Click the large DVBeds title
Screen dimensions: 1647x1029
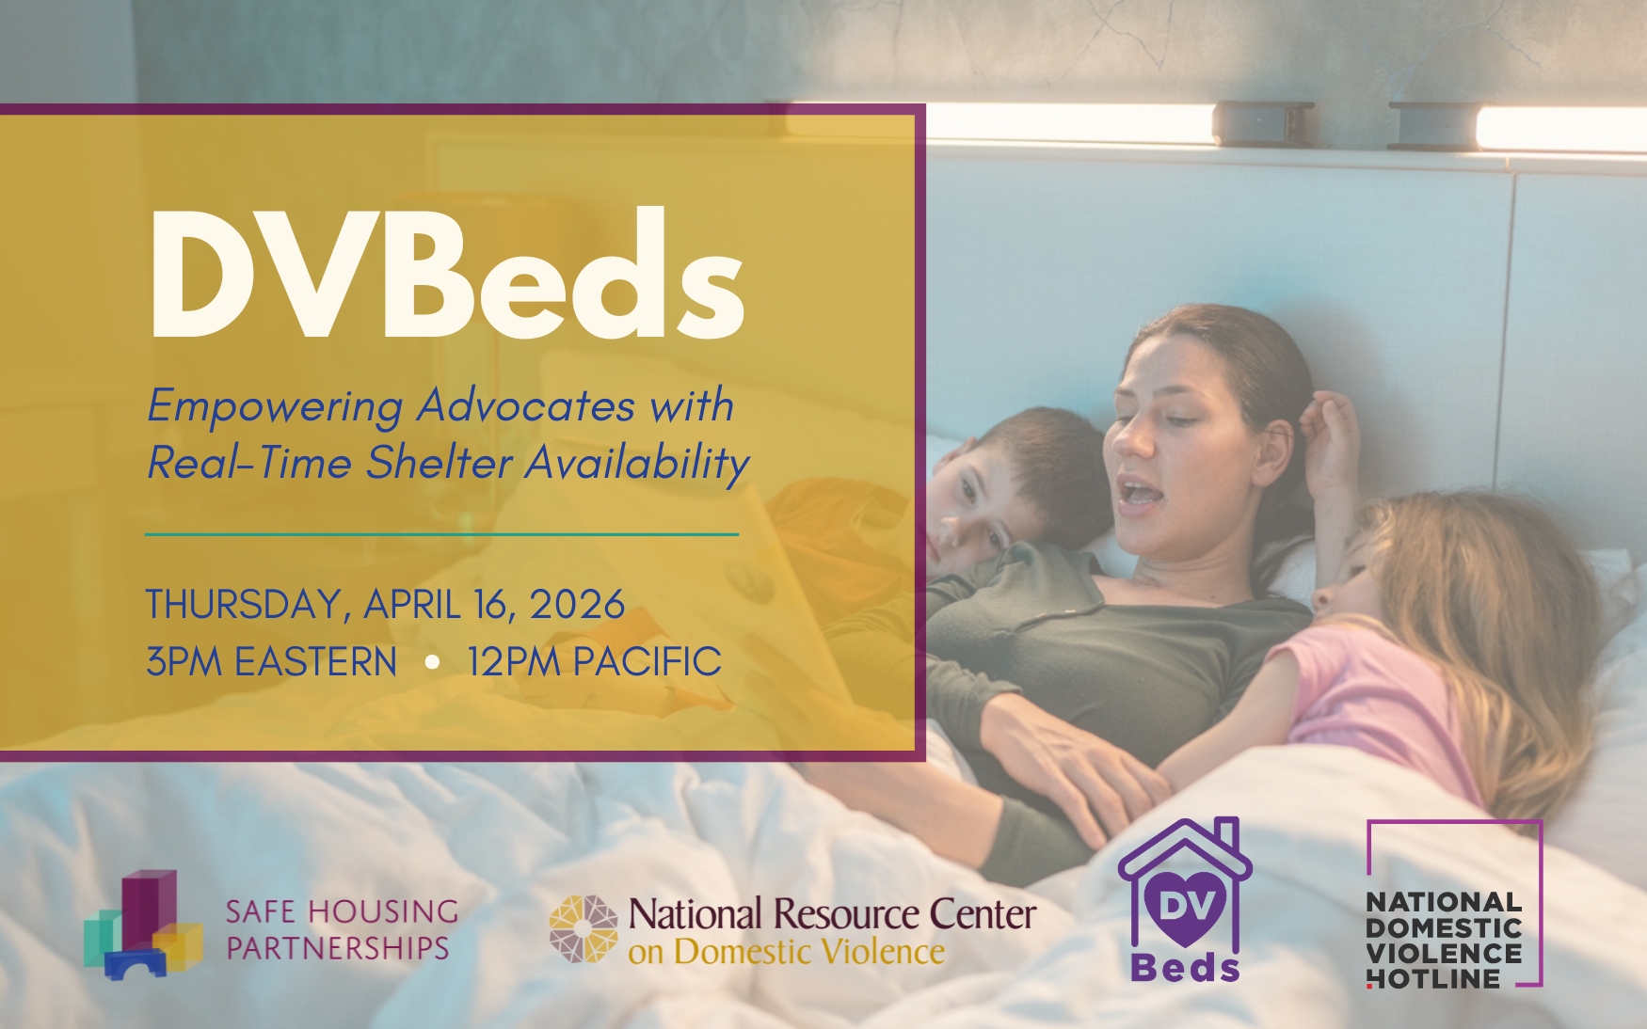(x=448, y=274)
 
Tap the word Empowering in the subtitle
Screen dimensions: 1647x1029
(x=275, y=407)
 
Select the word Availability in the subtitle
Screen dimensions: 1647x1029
(x=637, y=463)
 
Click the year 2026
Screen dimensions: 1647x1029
(x=577, y=605)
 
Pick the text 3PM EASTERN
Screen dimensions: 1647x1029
(x=271, y=662)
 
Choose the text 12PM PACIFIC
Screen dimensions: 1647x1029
(x=594, y=662)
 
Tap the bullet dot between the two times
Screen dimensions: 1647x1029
(x=432, y=662)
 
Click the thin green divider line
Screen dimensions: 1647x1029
(x=441, y=534)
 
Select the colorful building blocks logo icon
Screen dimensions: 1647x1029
(x=143, y=925)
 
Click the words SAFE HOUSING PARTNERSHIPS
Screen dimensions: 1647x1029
(x=342, y=929)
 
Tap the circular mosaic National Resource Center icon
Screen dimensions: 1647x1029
(x=584, y=929)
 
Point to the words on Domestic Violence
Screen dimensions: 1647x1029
(x=787, y=952)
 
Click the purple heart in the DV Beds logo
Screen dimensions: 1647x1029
(x=1187, y=907)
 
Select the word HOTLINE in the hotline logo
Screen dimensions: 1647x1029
(x=1433, y=979)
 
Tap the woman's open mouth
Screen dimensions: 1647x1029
(x=1142, y=492)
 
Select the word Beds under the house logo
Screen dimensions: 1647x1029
(x=1186, y=968)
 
